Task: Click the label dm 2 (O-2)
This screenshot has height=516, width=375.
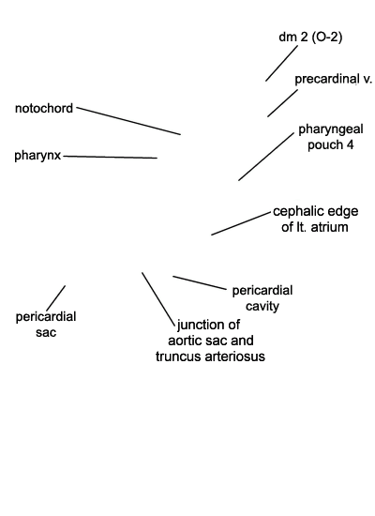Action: tap(310, 37)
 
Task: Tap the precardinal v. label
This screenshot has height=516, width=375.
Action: tap(333, 79)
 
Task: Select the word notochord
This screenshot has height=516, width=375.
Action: tap(44, 108)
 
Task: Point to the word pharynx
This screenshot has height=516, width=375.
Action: tap(37, 156)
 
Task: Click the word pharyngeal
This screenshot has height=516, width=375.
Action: tap(331, 129)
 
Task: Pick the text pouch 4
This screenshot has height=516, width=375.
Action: tap(330, 144)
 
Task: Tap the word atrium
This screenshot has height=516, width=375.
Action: tap(330, 227)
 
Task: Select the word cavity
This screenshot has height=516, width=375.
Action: tap(262, 307)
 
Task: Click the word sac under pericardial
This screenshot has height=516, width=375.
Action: tap(46, 332)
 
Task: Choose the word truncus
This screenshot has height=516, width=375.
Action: tap(176, 357)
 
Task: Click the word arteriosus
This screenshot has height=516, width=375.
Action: tap(232, 357)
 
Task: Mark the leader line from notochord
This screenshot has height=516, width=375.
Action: tap(128, 121)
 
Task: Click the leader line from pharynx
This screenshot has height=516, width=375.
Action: tap(111, 157)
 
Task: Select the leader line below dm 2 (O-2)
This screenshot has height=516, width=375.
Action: tap(281, 64)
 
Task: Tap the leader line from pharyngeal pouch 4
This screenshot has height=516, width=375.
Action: tap(266, 157)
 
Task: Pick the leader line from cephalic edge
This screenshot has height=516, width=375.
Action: tap(241, 223)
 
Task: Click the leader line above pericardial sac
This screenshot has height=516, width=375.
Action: tap(55, 298)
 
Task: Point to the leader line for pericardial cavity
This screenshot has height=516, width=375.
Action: tap(200, 283)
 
